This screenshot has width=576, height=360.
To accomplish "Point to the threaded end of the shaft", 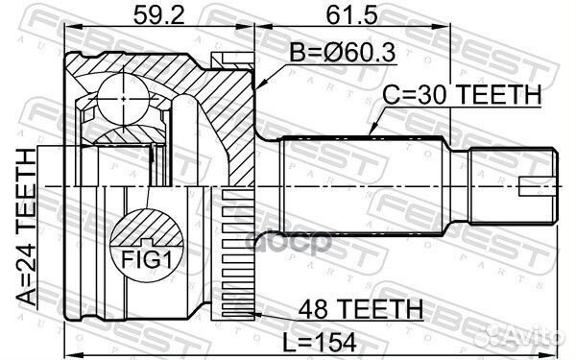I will click(510, 182).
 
